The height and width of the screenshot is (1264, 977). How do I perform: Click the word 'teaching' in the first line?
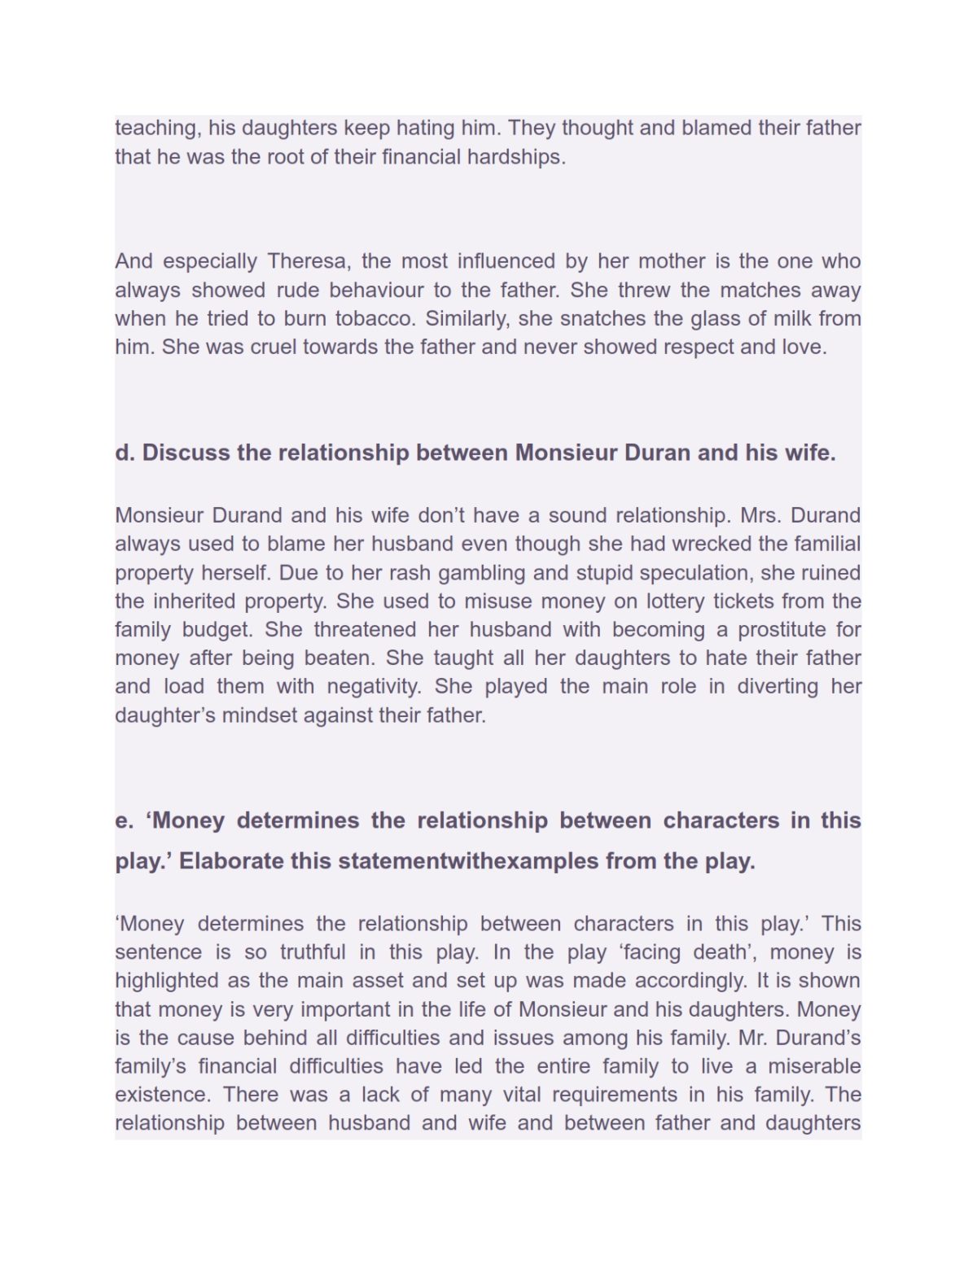coord(156,128)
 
